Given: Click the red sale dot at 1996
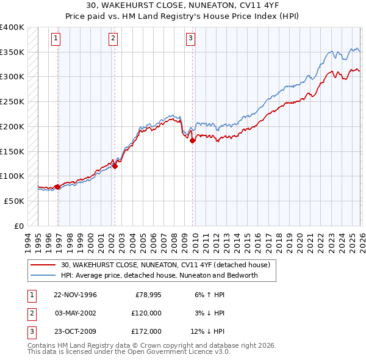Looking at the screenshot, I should click(57, 187).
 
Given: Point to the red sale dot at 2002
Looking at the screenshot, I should click(115, 166).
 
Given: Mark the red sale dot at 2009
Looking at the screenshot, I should click(193, 140).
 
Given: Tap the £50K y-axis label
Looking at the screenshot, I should click(15, 201).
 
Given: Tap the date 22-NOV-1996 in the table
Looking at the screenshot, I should click(75, 295).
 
